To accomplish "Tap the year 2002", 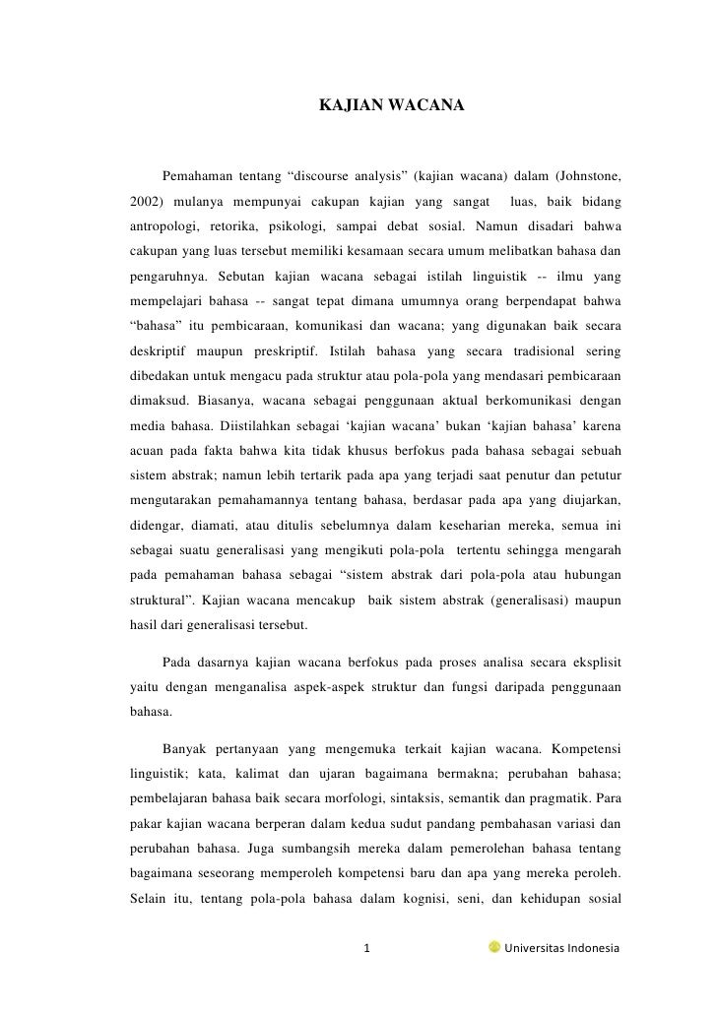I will [145, 202].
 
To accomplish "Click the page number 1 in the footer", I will [367, 949].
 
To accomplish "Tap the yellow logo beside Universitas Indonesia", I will [493, 948].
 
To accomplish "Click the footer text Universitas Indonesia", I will [561, 949].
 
